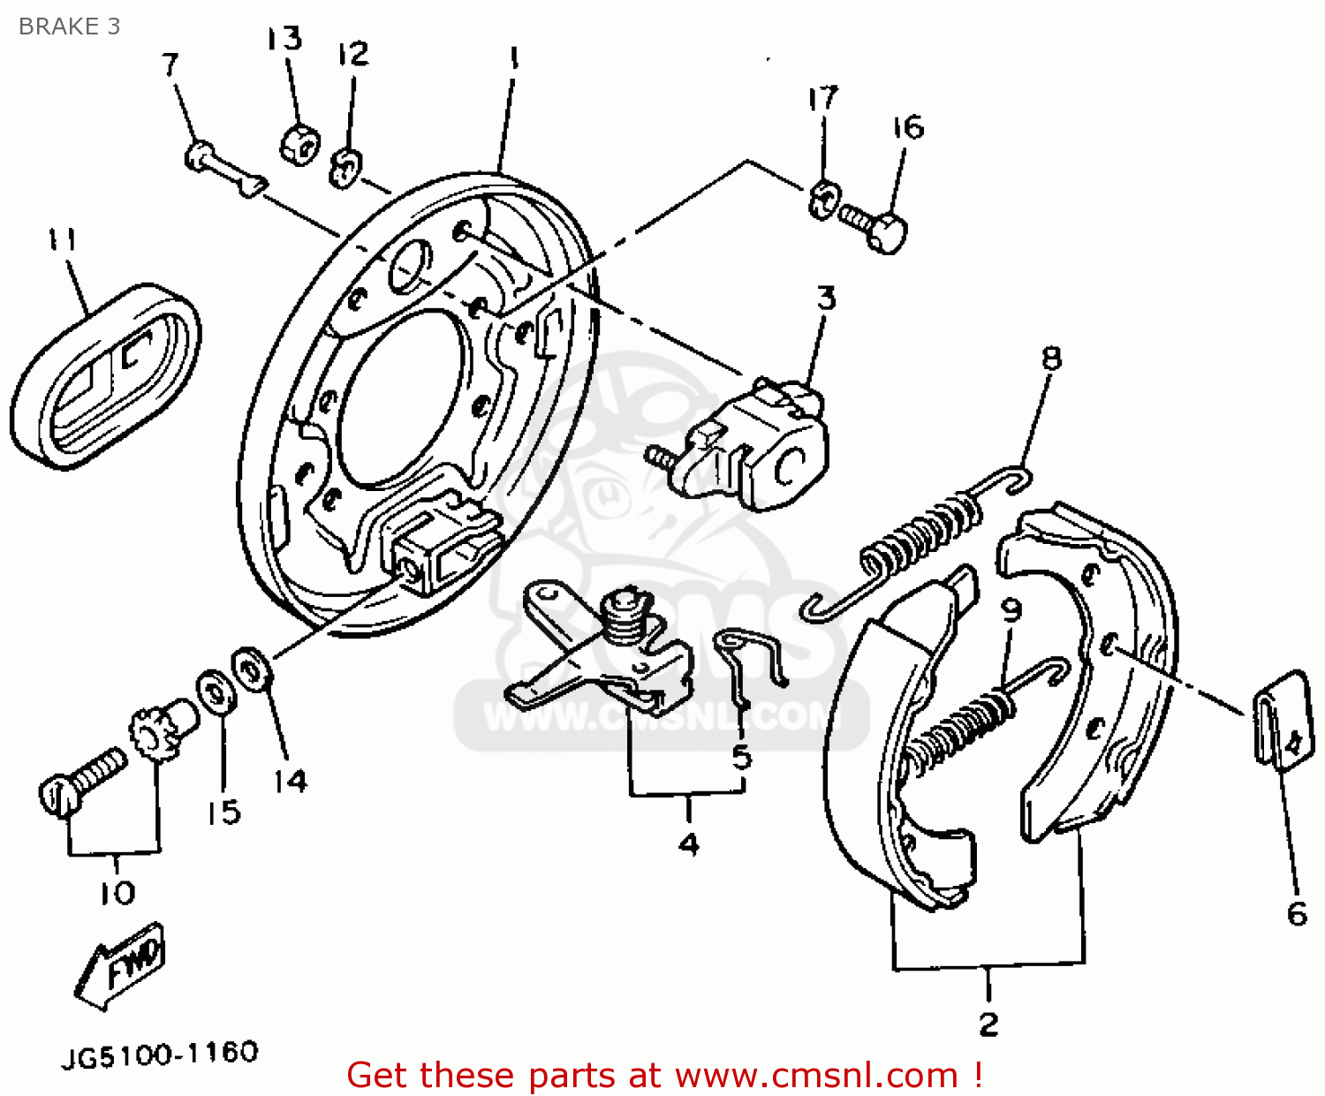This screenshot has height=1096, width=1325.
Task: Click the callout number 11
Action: [x=62, y=240]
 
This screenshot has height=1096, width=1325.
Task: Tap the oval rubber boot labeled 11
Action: [x=104, y=375]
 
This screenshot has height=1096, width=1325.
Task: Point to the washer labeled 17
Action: [x=821, y=199]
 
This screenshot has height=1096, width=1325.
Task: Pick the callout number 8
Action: [x=1050, y=358]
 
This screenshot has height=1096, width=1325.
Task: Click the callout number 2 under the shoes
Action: [x=988, y=1024]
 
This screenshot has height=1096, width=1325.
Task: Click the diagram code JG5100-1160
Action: [x=160, y=1054]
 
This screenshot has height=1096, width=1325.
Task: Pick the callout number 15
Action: [x=223, y=812]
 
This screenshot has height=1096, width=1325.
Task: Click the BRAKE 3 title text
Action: [x=69, y=26]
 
